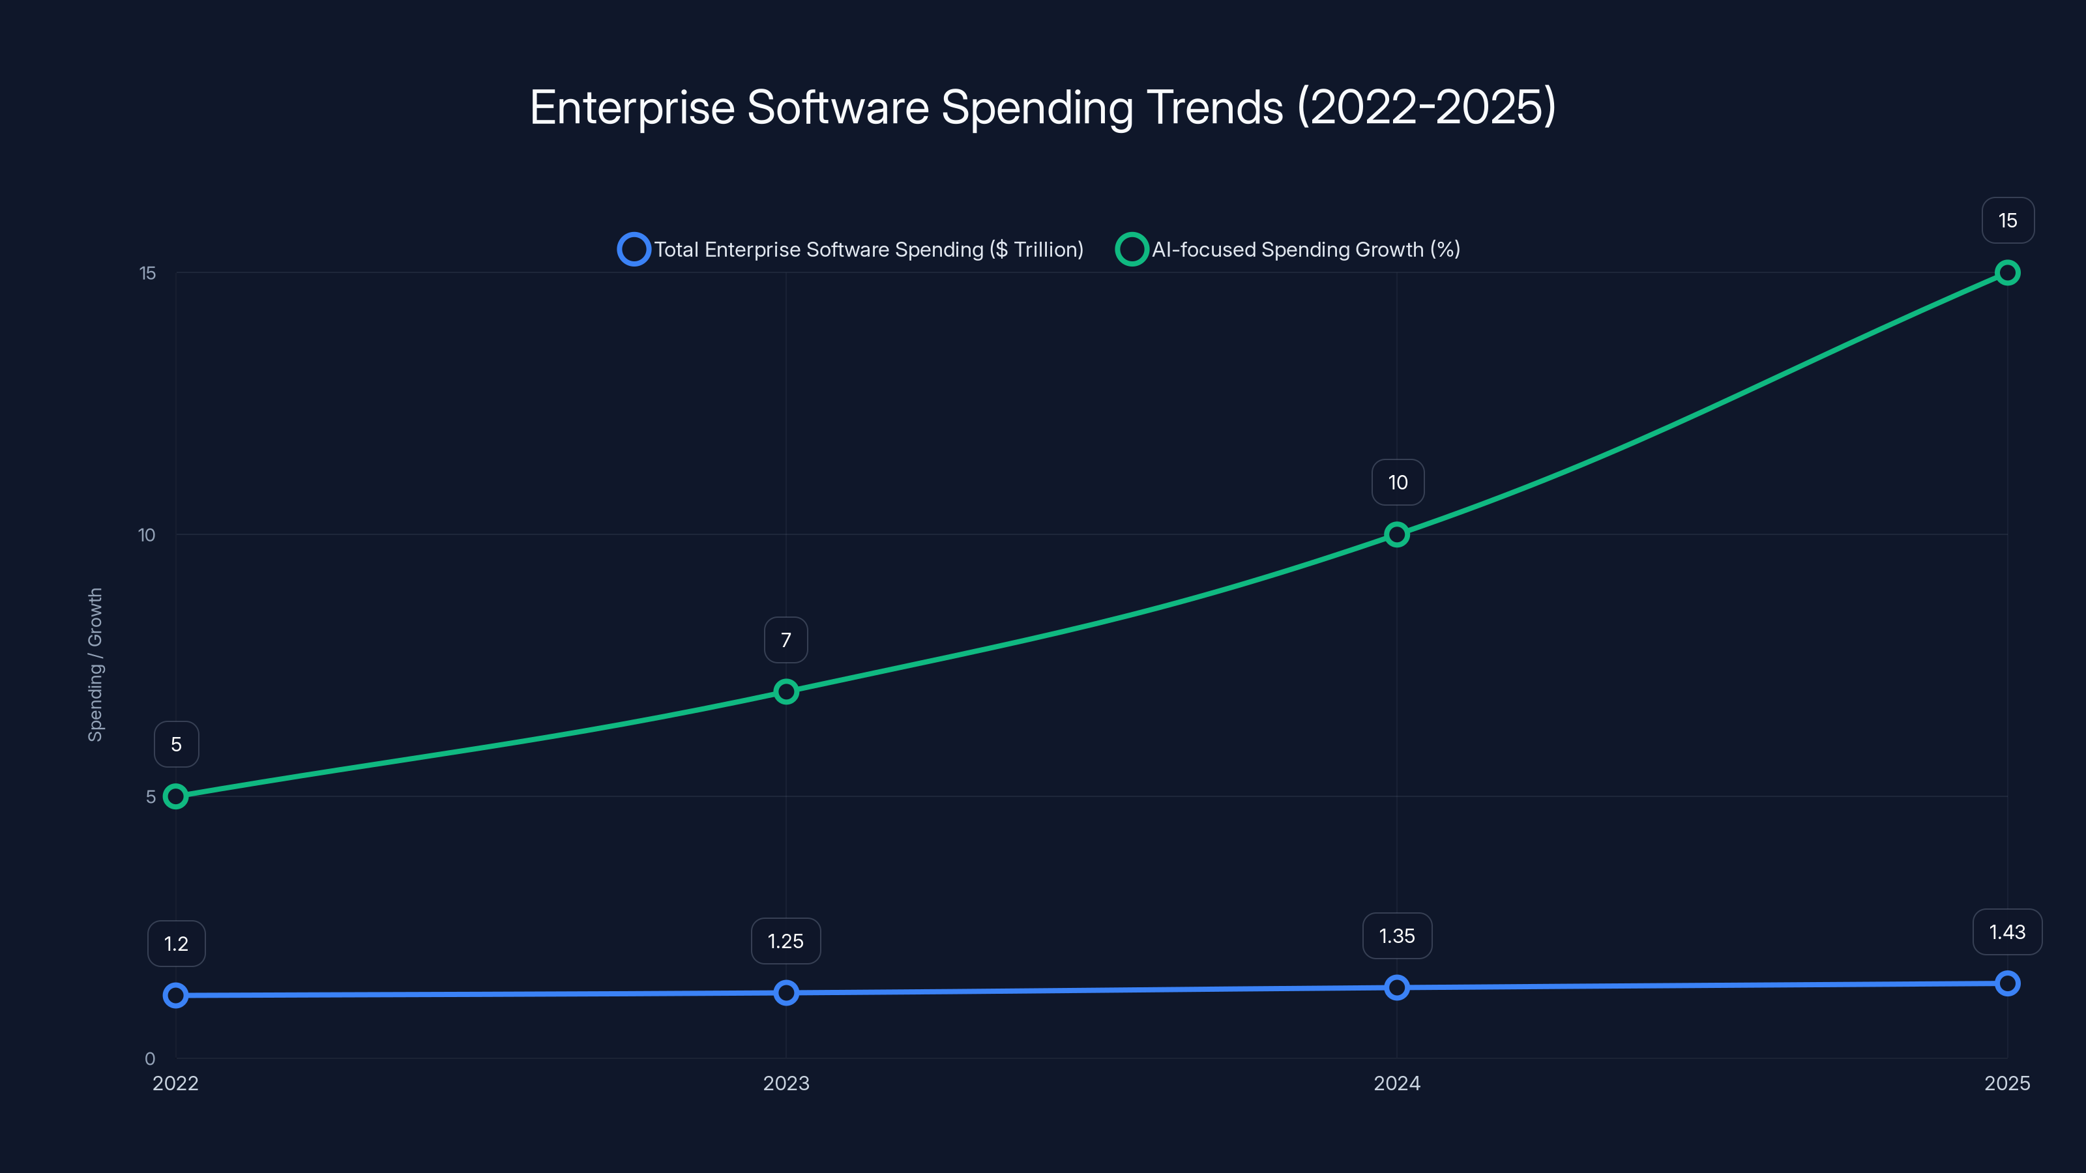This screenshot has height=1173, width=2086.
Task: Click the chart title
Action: coord(1042,107)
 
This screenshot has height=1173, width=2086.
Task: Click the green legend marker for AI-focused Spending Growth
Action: coord(1131,250)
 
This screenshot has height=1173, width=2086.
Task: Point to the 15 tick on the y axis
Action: coord(147,274)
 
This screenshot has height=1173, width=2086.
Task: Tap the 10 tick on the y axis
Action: coord(147,535)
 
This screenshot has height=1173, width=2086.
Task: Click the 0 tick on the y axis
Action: coord(150,1059)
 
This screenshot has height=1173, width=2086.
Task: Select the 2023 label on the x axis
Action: coord(786,1083)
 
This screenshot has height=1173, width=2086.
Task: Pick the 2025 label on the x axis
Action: coord(2006,1083)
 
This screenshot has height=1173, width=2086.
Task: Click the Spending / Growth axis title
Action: coord(96,665)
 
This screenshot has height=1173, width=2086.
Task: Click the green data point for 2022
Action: coord(176,796)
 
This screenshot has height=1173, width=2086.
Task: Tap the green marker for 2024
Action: coord(1397,534)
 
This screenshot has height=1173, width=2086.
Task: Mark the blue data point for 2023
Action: coord(786,992)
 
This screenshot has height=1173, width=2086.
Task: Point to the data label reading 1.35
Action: coord(1397,936)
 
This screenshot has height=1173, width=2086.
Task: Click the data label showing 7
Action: coord(786,641)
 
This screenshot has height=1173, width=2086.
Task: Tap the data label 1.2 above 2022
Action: coord(176,944)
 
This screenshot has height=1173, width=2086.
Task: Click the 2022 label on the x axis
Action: coord(176,1083)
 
